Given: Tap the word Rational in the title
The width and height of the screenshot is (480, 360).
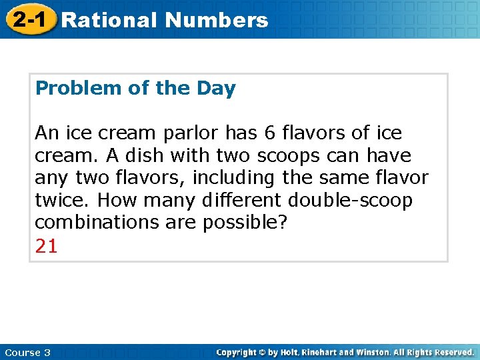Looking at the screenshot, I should pyautogui.click(x=109, y=20).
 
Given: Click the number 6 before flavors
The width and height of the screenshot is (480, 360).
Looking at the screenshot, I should pyautogui.click(x=270, y=133).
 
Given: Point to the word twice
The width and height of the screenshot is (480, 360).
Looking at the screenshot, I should pyautogui.click(x=58, y=201).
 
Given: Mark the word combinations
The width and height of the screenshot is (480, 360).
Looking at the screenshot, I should pyautogui.click(x=93, y=223).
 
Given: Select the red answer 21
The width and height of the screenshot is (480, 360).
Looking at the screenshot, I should pyautogui.click(x=46, y=246).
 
